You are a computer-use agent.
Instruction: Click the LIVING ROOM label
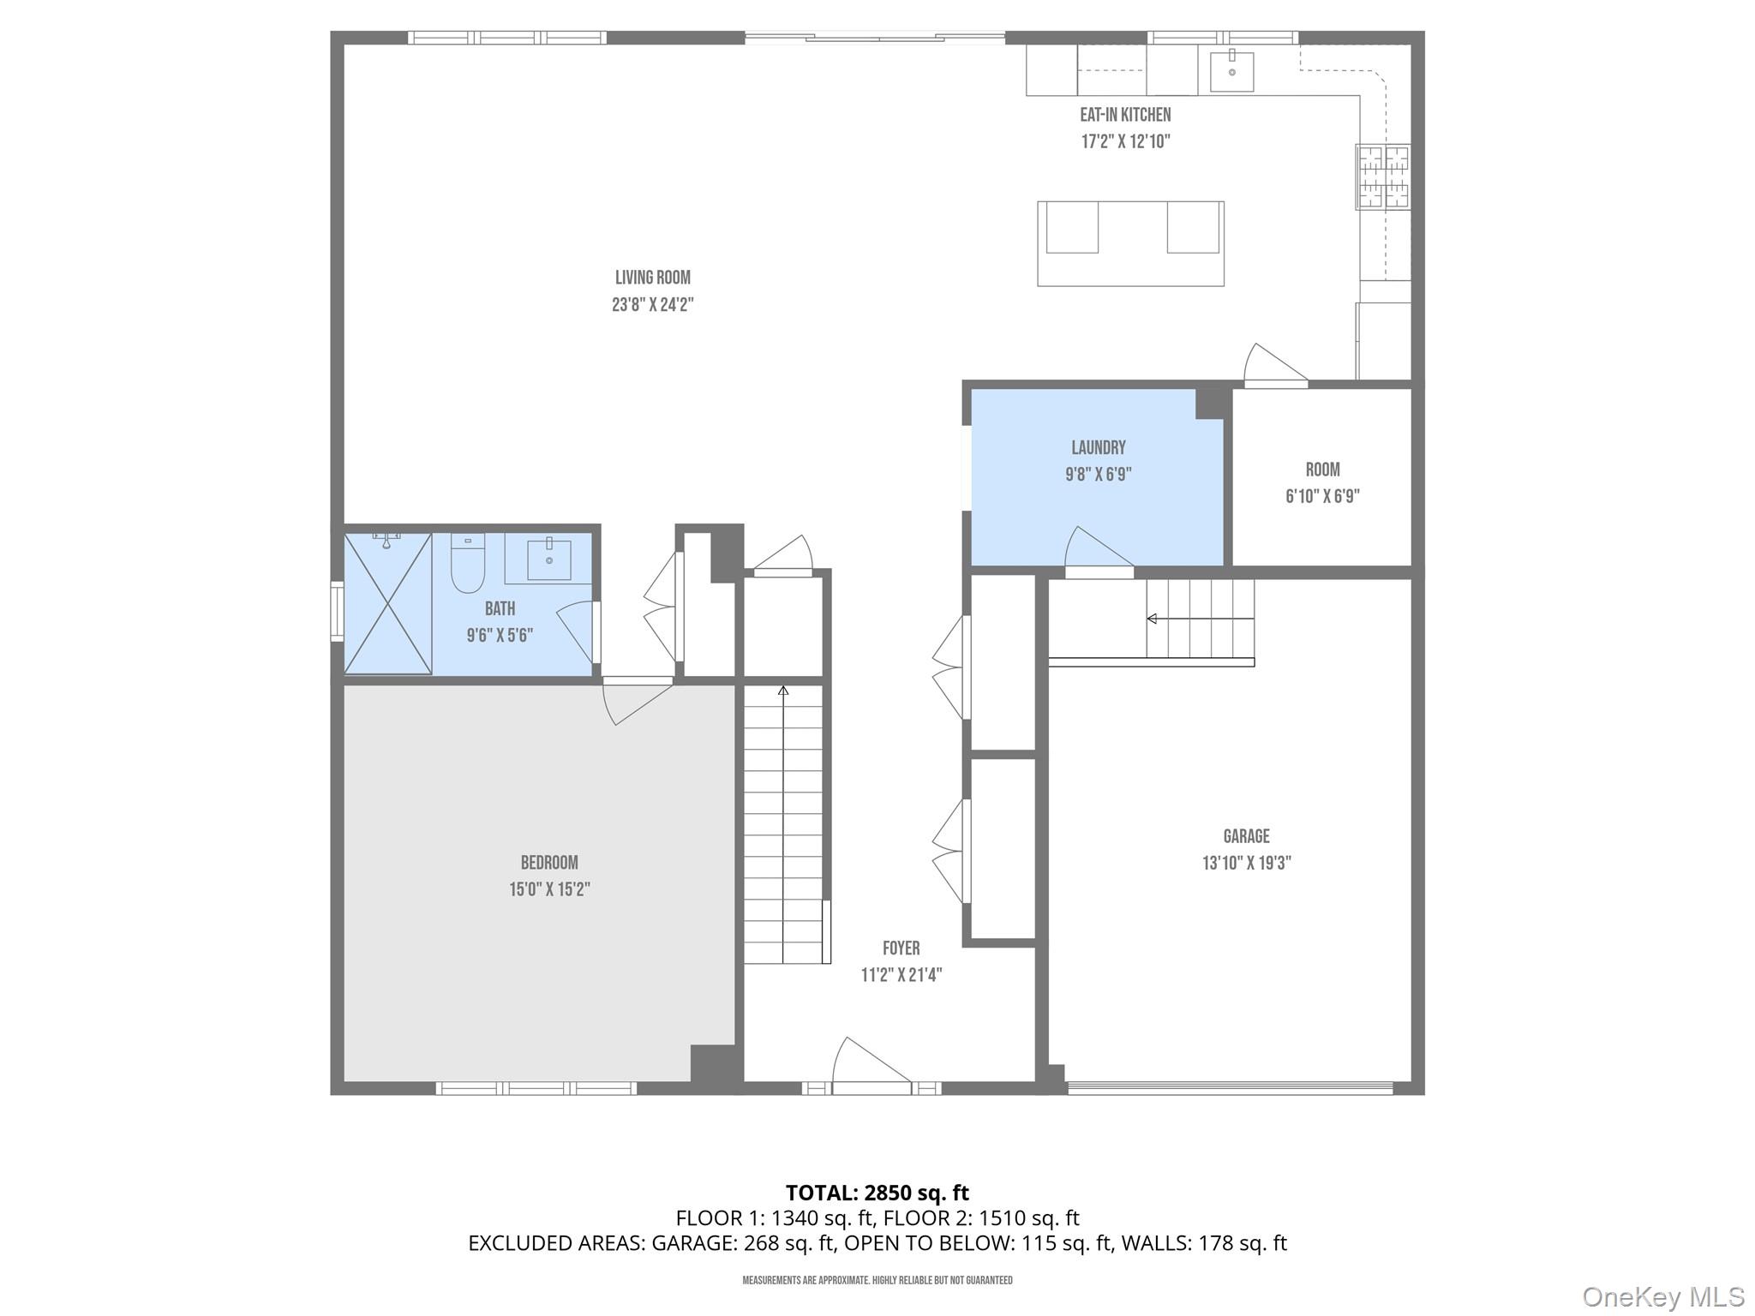(652, 278)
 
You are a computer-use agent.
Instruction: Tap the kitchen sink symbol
(1231, 71)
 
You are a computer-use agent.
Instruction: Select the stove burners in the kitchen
(1381, 177)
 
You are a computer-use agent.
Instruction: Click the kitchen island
(1129, 243)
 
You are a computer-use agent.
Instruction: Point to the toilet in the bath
(468, 565)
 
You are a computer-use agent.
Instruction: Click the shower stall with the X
(387, 603)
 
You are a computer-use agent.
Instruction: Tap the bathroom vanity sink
(548, 559)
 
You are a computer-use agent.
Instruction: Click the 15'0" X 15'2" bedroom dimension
(549, 889)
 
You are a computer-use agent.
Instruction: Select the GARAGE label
(1246, 836)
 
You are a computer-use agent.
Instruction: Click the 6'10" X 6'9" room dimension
(1322, 496)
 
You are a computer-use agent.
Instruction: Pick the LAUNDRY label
(1098, 447)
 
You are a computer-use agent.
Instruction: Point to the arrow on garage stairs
(1153, 619)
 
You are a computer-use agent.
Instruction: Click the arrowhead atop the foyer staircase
(782, 690)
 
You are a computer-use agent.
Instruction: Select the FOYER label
(901, 948)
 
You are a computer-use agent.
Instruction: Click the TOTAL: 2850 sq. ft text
(877, 1193)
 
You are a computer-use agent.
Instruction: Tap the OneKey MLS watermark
(1662, 1297)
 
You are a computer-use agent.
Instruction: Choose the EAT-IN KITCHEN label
(1124, 115)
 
